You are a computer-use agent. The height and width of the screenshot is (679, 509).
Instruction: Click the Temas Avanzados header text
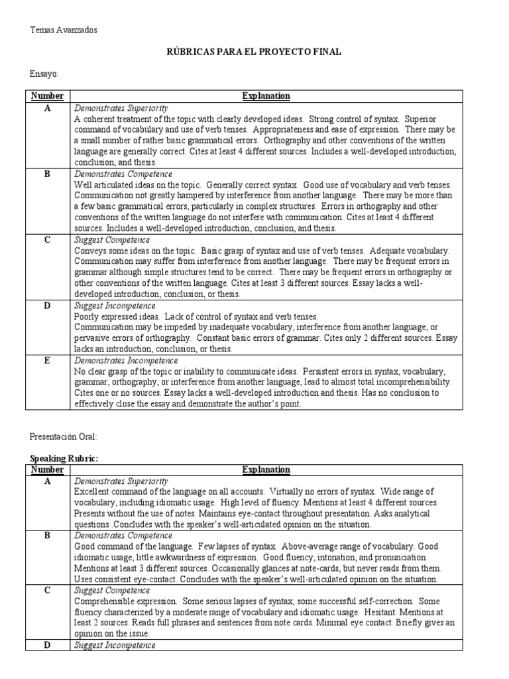coord(64,30)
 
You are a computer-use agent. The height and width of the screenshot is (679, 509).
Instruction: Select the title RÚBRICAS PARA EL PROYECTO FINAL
coord(254,52)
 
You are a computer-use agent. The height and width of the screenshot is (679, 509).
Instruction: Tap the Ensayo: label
coord(45,75)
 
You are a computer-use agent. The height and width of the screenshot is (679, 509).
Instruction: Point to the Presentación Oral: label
coord(64,436)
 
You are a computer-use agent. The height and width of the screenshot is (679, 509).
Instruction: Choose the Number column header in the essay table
coord(47,96)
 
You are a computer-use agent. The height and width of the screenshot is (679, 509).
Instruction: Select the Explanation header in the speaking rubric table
coord(266,469)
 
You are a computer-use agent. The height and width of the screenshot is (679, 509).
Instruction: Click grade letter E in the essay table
coord(48,361)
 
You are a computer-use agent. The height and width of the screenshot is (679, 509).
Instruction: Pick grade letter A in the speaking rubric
coord(48,481)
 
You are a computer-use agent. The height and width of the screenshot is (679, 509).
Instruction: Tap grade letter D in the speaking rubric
coord(48,645)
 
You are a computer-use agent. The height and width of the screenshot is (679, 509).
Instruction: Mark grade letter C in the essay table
coord(48,240)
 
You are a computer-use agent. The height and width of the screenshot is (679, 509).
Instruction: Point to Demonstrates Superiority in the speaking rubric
coord(121,481)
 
